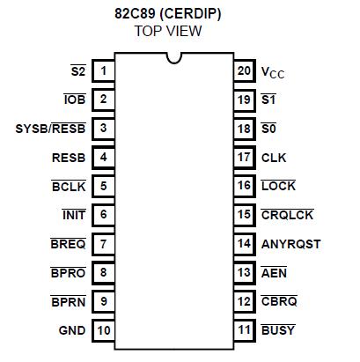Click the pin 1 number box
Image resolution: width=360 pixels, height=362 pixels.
pyautogui.click(x=104, y=71)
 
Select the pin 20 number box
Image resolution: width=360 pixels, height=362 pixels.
pyautogui.click(x=244, y=71)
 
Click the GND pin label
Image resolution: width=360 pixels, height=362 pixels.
pyautogui.click(x=71, y=330)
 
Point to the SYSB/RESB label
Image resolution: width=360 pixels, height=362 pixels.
pyautogui.click(x=49, y=129)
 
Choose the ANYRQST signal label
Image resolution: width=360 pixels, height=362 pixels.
pyautogui.click(x=291, y=244)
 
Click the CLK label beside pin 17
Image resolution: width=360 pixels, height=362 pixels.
pyautogui.click(x=274, y=158)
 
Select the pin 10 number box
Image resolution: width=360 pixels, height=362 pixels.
pyautogui.click(x=104, y=330)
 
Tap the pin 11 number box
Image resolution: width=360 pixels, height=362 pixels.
pyautogui.click(x=244, y=330)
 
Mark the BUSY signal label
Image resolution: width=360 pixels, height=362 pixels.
pyautogui.click(x=278, y=330)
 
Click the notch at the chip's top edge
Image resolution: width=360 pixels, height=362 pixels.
pyautogui.click(x=174, y=58)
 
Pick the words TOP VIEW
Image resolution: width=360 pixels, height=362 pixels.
pyautogui.click(x=168, y=31)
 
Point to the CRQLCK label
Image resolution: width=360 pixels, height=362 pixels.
pyautogui.click(x=288, y=215)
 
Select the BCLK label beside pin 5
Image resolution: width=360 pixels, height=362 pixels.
pyautogui.click(x=68, y=187)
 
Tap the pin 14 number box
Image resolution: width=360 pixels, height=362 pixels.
pyautogui.click(x=244, y=244)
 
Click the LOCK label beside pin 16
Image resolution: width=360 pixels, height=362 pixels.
pyautogui.click(x=278, y=187)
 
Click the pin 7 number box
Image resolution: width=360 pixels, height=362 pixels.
pyautogui.click(x=104, y=244)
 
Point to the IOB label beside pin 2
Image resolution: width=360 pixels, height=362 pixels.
pyautogui.click(x=73, y=100)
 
